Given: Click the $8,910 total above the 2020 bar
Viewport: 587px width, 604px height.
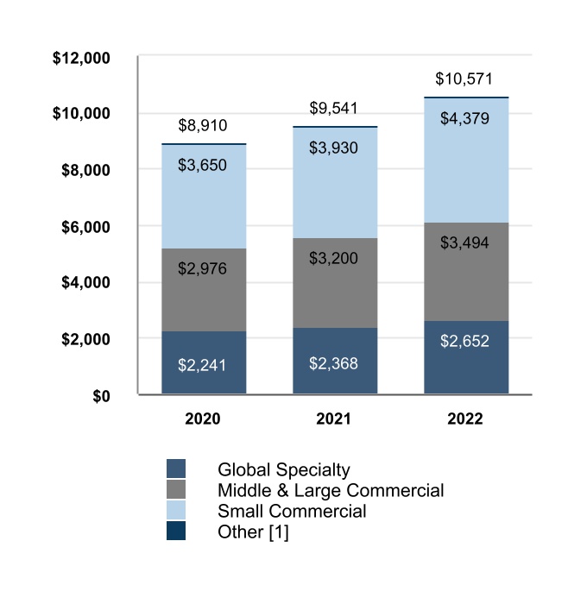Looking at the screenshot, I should [x=203, y=125].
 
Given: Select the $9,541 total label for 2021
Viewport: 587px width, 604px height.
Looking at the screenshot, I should [x=333, y=109].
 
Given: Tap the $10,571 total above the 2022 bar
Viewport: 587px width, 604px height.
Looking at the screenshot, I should [x=465, y=79].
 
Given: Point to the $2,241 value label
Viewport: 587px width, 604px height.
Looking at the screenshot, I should [x=203, y=364].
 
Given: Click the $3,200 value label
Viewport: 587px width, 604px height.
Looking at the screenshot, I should [x=333, y=258].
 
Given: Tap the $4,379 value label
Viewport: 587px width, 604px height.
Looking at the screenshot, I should [x=465, y=118].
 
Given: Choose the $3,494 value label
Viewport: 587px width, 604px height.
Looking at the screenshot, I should [x=465, y=242].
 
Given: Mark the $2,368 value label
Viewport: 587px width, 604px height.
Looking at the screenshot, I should [x=333, y=362].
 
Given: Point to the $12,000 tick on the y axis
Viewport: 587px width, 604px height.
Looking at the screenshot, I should [x=81, y=59].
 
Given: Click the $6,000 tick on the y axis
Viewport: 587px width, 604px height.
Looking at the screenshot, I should [x=85, y=227].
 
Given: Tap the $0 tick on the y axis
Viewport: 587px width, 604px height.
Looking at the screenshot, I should [x=101, y=396].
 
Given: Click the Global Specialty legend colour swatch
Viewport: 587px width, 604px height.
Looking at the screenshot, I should [x=176, y=469].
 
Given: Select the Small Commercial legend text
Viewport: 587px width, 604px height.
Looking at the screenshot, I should [x=292, y=511].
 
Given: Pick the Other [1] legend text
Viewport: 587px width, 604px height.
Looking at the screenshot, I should [x=253, y=532].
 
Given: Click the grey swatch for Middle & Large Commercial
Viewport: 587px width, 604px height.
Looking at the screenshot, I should [x=176, y=490].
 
